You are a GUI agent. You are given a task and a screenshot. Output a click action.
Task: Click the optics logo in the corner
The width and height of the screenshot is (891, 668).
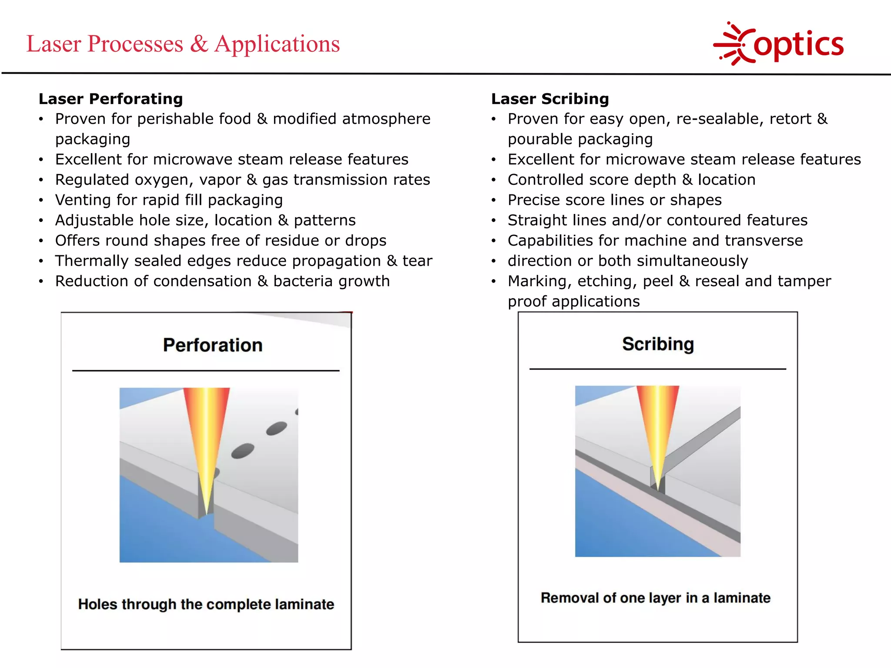point(779,43)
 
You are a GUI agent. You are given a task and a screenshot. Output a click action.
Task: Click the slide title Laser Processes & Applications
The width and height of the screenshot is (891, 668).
point(183,44)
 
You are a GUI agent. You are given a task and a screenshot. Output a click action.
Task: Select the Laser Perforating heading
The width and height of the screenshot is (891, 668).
point(111,99)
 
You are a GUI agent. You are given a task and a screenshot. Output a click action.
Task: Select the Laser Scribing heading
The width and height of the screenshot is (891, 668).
point(550,99)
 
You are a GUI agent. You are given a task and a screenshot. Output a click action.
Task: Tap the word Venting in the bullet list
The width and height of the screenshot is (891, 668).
point(83,200)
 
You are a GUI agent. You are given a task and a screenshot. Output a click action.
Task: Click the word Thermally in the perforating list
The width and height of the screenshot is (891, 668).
point(92,261)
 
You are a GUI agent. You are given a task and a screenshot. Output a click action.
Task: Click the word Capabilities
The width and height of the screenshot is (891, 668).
point(549,240)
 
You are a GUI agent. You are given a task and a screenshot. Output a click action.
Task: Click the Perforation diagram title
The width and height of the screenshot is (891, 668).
point(213,345)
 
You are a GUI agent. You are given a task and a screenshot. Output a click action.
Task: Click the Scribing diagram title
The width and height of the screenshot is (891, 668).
point(658,344)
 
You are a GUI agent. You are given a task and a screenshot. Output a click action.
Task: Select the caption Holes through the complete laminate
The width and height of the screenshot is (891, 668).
point(206,604)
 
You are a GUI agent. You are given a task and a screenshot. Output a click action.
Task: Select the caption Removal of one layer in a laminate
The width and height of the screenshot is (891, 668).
point(655,598)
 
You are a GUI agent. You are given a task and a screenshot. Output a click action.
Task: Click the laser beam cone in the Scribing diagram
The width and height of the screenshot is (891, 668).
point(658,426)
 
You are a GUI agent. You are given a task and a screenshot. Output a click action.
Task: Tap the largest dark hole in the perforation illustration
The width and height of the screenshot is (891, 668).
point(243,451)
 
